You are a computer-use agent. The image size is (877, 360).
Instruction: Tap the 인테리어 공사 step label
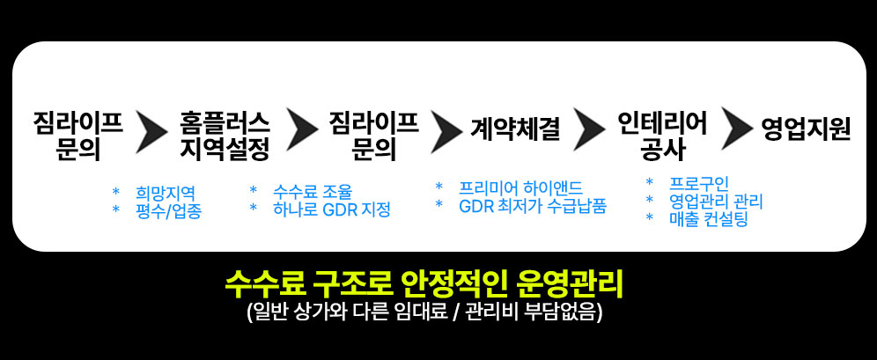point(662,135)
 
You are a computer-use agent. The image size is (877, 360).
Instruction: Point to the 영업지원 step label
point(806,129)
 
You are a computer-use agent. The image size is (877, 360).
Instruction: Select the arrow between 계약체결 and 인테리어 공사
point(588,130)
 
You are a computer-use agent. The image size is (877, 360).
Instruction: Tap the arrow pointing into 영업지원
point(736,130)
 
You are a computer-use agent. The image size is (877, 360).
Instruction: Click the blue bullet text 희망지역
point(166,193)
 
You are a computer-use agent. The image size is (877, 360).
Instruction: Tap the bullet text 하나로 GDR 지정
point(331,210)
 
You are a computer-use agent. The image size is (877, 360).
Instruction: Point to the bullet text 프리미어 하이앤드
point(520,188)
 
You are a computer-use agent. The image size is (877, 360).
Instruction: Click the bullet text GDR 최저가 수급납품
point(532,207)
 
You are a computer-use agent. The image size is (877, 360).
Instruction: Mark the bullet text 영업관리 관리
point(716,202)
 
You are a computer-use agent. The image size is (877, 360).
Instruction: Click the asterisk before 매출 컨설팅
point(650,219)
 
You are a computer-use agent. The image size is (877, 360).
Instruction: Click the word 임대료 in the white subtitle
point(416,312)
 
